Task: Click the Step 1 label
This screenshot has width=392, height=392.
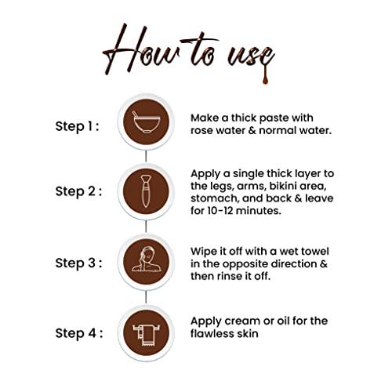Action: click(78, 126)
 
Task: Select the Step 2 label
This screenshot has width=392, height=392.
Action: click(78, 191)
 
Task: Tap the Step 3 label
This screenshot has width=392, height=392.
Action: click(78, 263)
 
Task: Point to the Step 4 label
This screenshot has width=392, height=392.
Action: click(79, 333)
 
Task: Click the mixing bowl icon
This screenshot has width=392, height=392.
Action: click(146, 122)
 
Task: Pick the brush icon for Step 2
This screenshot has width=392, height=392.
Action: click(146, 191)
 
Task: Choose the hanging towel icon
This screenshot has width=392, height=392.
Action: click(147, 336)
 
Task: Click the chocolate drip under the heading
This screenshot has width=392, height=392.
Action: click(265, 75)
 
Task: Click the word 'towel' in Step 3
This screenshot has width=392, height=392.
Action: click(315, 252)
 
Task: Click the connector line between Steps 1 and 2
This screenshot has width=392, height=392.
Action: click(146, 156)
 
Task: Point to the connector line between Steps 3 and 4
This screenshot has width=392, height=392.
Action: click(146, 297)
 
